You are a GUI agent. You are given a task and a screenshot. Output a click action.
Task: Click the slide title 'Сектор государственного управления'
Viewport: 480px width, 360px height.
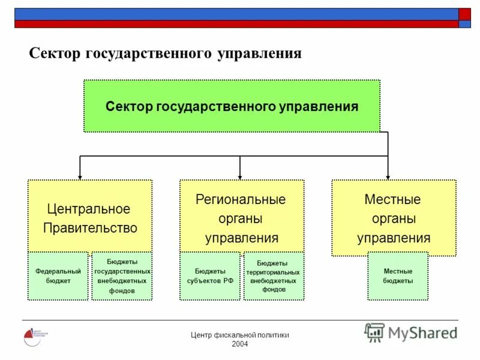pos(165,53)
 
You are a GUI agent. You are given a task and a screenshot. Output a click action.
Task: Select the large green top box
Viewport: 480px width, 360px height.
pos(232,106)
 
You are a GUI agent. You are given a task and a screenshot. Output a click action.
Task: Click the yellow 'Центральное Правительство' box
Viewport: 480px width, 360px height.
pos(90,216)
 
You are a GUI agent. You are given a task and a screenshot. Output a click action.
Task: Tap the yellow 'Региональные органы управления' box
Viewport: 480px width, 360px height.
pos(242,216)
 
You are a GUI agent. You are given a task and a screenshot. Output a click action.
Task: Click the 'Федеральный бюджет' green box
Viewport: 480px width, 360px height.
pos(58,276)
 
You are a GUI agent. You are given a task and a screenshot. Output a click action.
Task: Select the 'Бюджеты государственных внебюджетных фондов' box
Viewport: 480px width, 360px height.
pos(122,276)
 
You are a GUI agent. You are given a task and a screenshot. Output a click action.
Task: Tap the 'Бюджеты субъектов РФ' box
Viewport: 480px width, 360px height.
pos(210,276)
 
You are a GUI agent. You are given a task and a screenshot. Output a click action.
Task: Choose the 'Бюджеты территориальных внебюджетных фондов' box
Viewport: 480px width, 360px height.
pos(274,276)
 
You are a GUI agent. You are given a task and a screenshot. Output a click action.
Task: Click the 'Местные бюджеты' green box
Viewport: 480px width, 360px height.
pos(398,276)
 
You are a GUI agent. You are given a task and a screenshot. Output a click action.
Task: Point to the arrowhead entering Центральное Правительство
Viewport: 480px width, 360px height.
pos(80,176)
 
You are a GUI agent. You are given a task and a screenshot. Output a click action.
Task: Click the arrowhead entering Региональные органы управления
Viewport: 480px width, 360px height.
pos(240,176)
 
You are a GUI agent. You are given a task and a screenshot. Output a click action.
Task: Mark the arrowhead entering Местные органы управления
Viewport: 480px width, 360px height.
pos(388,176)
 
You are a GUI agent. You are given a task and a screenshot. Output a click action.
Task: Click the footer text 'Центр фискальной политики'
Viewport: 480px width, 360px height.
pos(239,335)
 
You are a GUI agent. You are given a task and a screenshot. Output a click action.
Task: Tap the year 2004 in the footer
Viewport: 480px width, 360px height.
pos(239,343)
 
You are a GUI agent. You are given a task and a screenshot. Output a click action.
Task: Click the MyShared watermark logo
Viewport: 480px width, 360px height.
pos(410,332)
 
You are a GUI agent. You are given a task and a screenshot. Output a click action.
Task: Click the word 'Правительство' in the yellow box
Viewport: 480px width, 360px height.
pos(90,228)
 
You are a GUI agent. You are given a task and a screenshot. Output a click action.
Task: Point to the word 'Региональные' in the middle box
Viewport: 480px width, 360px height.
pos(241,199)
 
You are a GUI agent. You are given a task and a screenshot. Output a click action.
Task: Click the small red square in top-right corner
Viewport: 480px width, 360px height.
pos(465,14)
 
